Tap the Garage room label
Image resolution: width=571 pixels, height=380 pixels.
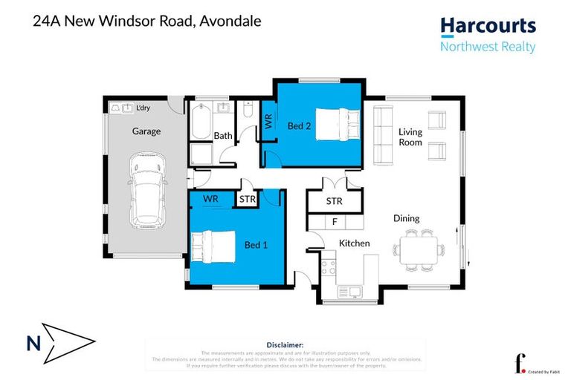pyautogui.click(x=146, y=131)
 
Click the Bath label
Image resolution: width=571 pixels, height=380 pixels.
pyautogui.click(x=223, y=136)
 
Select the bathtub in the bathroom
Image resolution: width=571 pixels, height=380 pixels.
pyautogui.click(x=201, y=123)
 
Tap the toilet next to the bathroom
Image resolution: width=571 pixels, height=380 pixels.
pyautogui.click(x=249, y=111)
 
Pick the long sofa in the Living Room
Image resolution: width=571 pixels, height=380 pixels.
pyautogui.click(x=383, y=134)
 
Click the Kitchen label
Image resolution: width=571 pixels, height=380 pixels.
pyautogui.click(x=355, y=243)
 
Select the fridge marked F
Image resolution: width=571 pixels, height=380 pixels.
pyautogui.click(x=335, y=221)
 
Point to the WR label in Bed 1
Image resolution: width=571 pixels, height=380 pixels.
pyautogui.click(x=210, y=200)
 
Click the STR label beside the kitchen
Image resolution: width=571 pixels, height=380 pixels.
pyautogui.click(x=335, y=200)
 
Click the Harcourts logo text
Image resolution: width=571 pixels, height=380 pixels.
pyautogui.click(x=487, y=27)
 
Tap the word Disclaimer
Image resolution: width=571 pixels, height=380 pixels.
pyautogui.click(x=285, y=345)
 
